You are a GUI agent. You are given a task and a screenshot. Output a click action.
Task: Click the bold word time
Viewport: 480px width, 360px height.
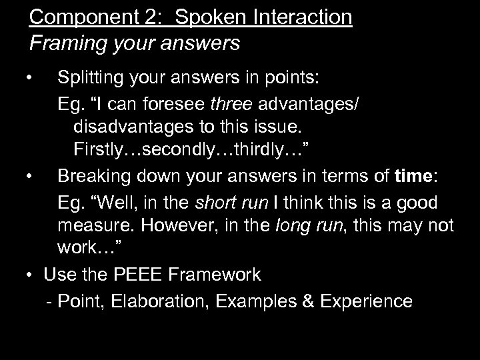tap(413, 177)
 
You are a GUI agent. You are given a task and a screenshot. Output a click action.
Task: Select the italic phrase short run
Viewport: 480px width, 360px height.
tap(236, 200)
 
